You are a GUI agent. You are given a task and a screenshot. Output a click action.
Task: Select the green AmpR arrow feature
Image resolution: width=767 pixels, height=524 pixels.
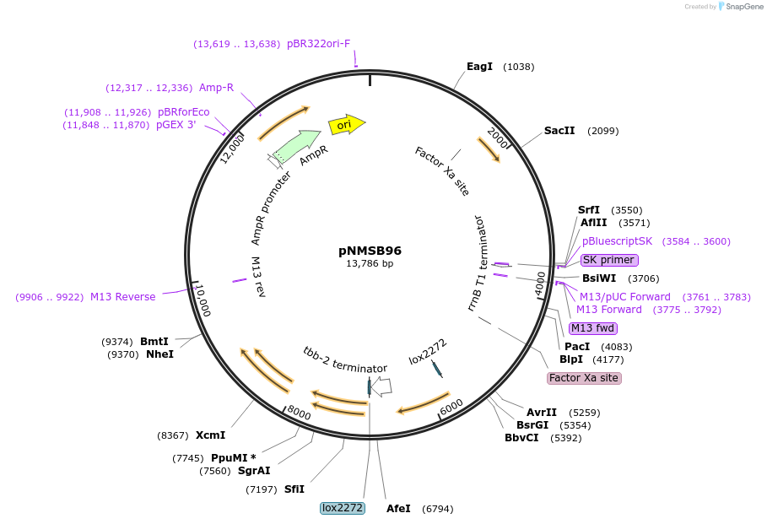tap(297, 145)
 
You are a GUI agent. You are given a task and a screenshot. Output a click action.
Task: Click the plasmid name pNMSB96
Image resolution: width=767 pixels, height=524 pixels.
tap(370, 251)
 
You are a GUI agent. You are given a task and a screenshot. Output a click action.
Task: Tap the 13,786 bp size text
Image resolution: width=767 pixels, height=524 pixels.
tap(370, 264)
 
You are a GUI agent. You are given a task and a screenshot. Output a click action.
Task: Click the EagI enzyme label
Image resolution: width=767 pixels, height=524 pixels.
tap(479, 67)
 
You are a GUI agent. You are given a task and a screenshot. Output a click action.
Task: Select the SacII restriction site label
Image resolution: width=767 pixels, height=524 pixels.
tap(559, 131)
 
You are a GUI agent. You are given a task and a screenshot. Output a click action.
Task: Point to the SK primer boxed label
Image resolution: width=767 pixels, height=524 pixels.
tap(609, 259)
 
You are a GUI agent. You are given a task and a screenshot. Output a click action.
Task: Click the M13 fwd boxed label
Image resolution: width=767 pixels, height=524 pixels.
tap(592, 328)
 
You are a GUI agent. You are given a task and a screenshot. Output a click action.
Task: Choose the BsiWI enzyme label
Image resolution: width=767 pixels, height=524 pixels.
tap(599, 278)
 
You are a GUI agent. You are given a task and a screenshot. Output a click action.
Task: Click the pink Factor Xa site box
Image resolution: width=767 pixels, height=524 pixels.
tap(584, 378)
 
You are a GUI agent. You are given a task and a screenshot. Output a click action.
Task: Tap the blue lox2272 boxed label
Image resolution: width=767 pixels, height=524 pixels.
tap(343, 508)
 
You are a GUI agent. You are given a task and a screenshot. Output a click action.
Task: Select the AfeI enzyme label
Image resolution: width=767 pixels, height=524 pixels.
tap(398, 509)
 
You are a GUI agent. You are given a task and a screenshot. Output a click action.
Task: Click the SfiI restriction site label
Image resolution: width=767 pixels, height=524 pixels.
tap(294, 489)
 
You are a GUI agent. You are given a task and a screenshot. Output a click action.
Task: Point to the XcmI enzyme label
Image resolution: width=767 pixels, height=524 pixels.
tap(211, 435)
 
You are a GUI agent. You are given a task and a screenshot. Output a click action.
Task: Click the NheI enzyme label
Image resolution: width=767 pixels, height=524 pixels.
tap(159, 354)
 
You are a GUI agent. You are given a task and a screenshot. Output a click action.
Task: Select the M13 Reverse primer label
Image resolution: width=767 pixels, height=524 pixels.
tap(123, 297)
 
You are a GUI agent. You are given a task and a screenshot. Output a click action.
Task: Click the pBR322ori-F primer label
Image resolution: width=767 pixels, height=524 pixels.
tap(319, 44)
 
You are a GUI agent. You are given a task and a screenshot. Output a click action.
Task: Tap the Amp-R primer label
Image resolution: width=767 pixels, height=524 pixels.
tap(217, 88)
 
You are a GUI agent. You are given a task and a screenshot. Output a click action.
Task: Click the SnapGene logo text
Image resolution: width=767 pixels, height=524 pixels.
tap(744, 7)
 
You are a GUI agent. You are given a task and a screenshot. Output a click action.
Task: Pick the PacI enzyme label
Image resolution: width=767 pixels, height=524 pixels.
tap(577, 347)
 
